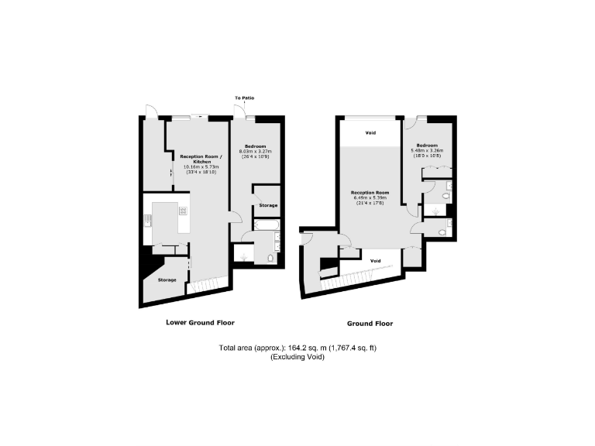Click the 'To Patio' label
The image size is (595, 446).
[245, 98]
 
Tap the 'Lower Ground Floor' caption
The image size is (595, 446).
[201, 322]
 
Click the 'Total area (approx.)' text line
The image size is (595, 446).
[297, 349]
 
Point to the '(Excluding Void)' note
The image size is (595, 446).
[297, 357]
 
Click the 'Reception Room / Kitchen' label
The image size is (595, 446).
[201, 159]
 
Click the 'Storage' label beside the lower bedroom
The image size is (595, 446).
[268, 205]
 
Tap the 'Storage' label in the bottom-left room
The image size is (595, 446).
[167, 280]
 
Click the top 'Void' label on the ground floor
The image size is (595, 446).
[370, 133]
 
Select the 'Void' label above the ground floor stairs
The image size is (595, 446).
[375, 260]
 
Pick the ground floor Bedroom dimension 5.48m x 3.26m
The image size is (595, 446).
[427, 150]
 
